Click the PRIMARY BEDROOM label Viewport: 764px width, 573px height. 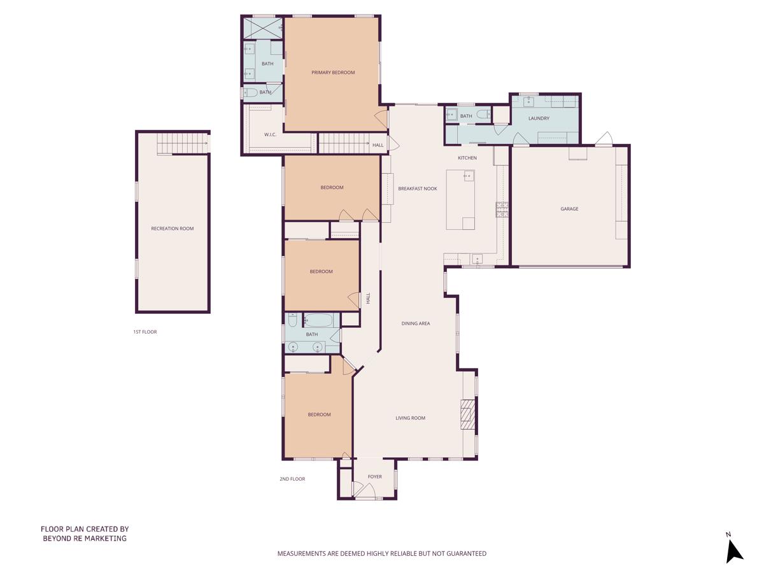pos(333,73)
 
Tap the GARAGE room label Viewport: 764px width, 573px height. pos(569,209)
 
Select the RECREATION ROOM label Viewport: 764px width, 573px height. pos(172,229)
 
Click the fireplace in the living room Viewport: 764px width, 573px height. pos(468,416)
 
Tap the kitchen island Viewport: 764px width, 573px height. pos(461,199)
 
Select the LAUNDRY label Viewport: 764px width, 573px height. pos(539,118)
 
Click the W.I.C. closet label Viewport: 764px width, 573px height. pos(270,134)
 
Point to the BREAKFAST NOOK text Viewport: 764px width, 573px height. pos(417,188)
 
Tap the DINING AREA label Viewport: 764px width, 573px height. pos(415,323)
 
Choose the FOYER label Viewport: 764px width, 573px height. pos(375,476)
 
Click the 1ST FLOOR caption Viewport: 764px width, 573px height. pos(145,332)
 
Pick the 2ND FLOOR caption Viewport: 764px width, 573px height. pos(292,479)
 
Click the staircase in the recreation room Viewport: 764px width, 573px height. pos(183,143)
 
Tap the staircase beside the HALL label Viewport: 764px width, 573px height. pos(343,143)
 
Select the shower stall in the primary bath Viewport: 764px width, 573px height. pos(263,27)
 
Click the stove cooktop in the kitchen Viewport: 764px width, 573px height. pos(502,209)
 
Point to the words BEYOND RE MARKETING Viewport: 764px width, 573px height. pos(85,538)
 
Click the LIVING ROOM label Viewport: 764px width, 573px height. pos(410,418)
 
